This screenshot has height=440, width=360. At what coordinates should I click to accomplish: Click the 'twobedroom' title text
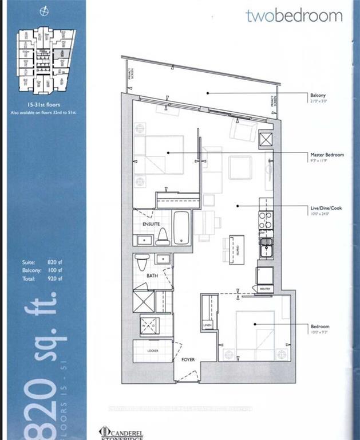pos(294,15)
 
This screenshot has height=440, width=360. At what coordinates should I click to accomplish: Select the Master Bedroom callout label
pos(327,155)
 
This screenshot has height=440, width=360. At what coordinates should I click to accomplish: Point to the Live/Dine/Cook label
pos(326,208)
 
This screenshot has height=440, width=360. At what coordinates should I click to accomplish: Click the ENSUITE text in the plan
pos(151,225)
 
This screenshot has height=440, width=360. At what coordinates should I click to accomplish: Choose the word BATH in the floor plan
pos(152,276)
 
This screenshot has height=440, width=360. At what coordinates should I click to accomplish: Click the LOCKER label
pos(152,350)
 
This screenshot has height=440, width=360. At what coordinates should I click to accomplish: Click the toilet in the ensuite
pos(163,235)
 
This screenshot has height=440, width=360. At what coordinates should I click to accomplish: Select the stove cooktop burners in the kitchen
pos(266,219)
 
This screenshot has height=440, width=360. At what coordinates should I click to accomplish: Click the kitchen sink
pos(266,247)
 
